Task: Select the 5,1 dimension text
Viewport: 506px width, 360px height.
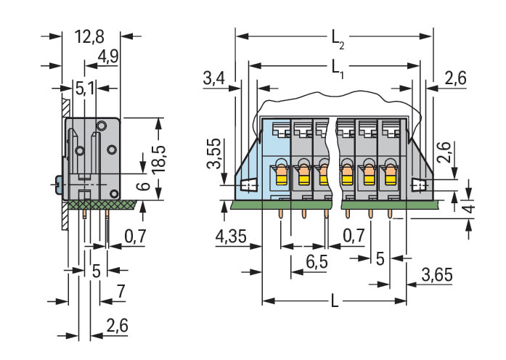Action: [85, 89]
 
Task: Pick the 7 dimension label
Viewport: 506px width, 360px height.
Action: [121, 292]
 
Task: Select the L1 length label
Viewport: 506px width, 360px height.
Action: [337, 68]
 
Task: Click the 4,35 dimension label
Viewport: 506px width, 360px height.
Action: [230, 237]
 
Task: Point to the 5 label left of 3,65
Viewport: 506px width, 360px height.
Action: [380, 257]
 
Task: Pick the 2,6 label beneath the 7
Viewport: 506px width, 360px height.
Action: [116, 326]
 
